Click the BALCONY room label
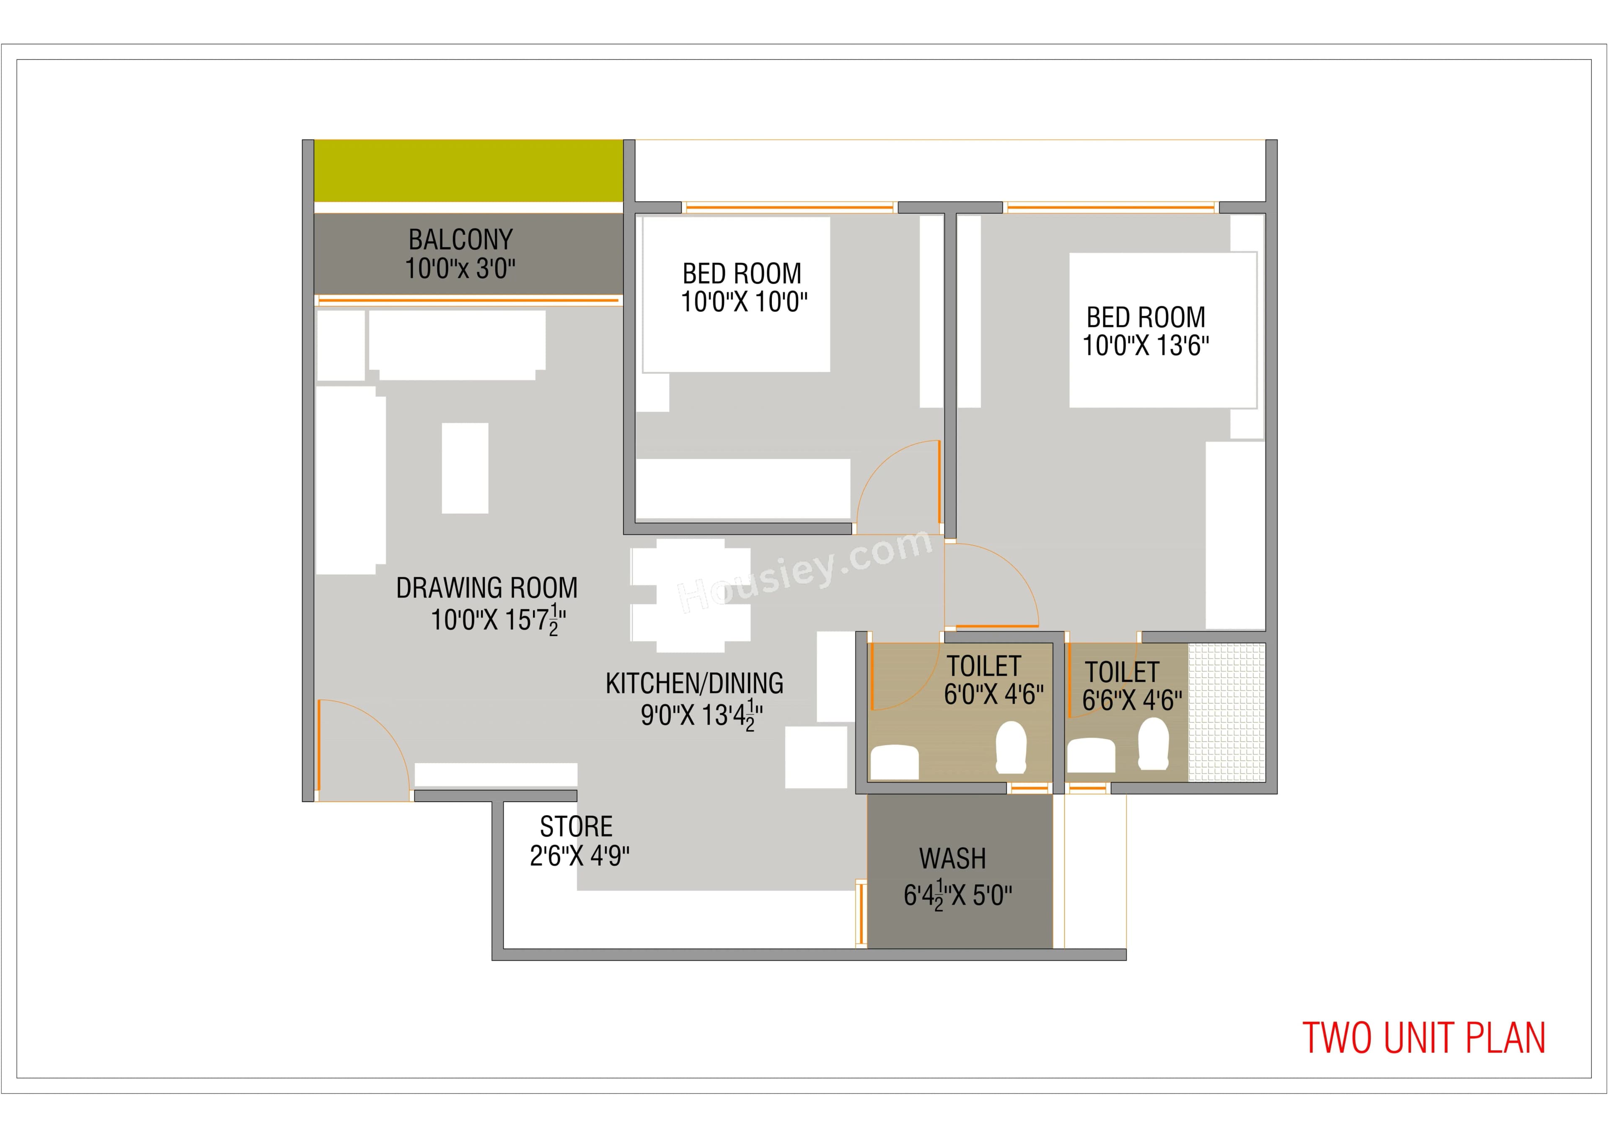pyautogui.click(x=460, y=240)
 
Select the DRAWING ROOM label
pyautogui.click(x=487, y=588)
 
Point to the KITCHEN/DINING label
pyautogui.click(x=694, y=684)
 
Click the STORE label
pyautogui.click(x=576, y=827)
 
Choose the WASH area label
pyautogui.click(x=952, y=859)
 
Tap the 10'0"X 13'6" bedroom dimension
pyautogui.click(x=1146, y=346)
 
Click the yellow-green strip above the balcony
pyautogui.click(x=468, y=170)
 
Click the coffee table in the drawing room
pyautogui.click(x=465, y=468)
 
